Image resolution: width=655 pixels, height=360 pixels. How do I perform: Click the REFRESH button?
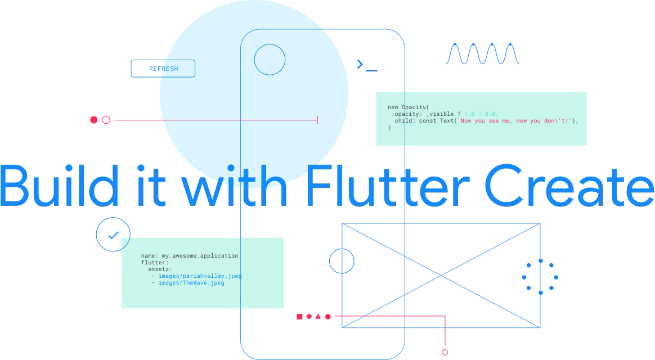click(163, 69)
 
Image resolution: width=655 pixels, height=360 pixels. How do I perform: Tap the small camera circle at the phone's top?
click(270, 59)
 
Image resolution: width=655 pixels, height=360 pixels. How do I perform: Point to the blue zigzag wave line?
click(483, 54)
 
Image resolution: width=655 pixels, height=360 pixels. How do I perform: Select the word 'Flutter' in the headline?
click(388, 184)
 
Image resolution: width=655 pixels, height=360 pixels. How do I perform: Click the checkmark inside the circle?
click(113, 233)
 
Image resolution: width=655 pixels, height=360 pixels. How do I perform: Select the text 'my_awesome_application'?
click(200, 256)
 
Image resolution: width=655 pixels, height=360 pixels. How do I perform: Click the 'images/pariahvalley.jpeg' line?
click(200, 276)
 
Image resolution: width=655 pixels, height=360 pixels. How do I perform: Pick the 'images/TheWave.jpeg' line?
click(191, 283)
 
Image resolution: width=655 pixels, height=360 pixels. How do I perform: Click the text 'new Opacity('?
click(408, 107)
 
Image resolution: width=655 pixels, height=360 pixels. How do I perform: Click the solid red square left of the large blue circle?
click(94, 120)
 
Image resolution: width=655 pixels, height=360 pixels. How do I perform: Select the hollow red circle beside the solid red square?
click(106, 120)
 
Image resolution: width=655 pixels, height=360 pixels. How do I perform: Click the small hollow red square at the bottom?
click(445, 352)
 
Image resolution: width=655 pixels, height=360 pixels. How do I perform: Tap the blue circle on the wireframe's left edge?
click(342, 261)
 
